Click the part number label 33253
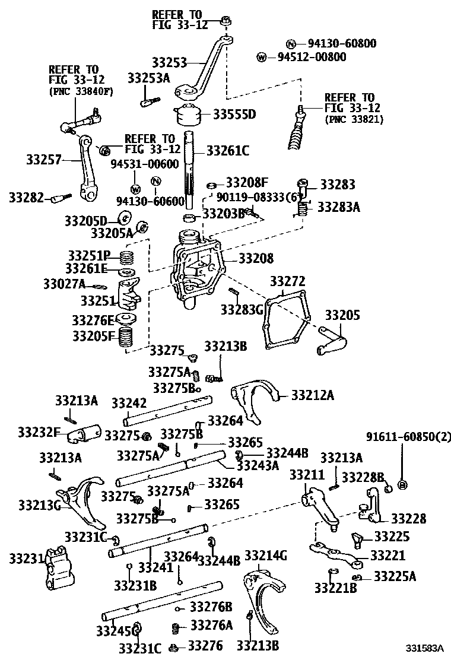pos(169,62)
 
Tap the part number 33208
pos(256,259)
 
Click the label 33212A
pos(313,395)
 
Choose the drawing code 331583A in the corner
pos(425,648)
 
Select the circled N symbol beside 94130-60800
pos(291,43)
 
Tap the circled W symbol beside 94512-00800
pos(262,57)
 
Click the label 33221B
pos(335,588)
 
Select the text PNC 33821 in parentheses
pos(354,119)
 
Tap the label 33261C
pos(227,151)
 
